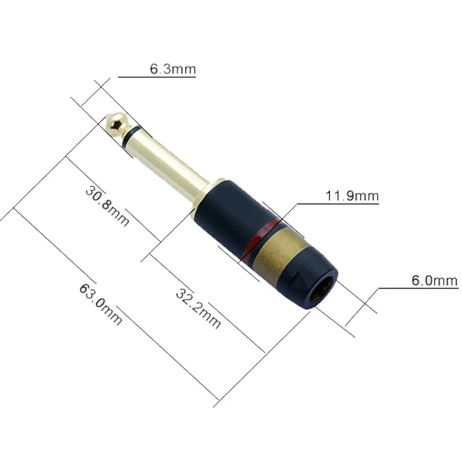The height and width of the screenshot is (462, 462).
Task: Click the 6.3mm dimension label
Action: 173,69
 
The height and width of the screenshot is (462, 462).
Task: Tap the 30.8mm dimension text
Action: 107,206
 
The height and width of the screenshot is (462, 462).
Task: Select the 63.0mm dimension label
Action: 100,304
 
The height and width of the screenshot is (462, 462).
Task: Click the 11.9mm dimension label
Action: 352,196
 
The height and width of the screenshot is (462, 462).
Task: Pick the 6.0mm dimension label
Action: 435,281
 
